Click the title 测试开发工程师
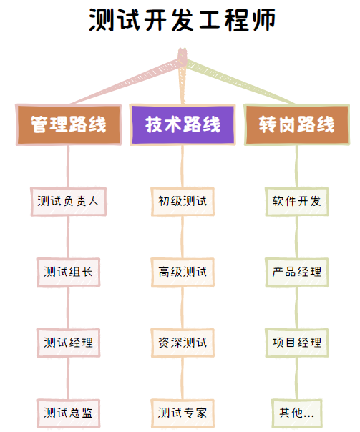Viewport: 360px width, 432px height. (x=182, y=20)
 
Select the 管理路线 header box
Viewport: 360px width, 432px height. (x=69, y=124)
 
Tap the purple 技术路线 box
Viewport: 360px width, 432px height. (x=183, y=124)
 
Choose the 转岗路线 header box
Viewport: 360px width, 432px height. (x=297, y=124)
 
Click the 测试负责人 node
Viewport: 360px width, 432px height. (x=69, y=202)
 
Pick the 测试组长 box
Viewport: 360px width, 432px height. (x=69, y=272)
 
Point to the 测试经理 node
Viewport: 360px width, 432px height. (x=69, y=343)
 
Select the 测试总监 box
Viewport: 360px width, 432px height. (x=69, y=413)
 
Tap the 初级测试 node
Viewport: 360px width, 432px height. (x=183, y=202)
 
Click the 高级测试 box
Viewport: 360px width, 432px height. (x=183, y=272)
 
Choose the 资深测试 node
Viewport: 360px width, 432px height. (x=183, y=343)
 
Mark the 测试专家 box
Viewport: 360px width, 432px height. (x=183, y=413)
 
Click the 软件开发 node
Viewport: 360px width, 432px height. (x=297, y=202)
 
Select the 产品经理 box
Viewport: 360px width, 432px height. (x=297, y=272)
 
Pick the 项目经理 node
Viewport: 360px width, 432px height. (x=297, y=343)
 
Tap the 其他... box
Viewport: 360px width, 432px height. (x=297, y=413)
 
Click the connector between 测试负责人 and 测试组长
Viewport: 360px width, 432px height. (x=68, y=237)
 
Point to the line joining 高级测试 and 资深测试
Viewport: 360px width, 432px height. (x=183, y=308)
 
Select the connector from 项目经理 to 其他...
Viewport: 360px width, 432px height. (x=296, y=378)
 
